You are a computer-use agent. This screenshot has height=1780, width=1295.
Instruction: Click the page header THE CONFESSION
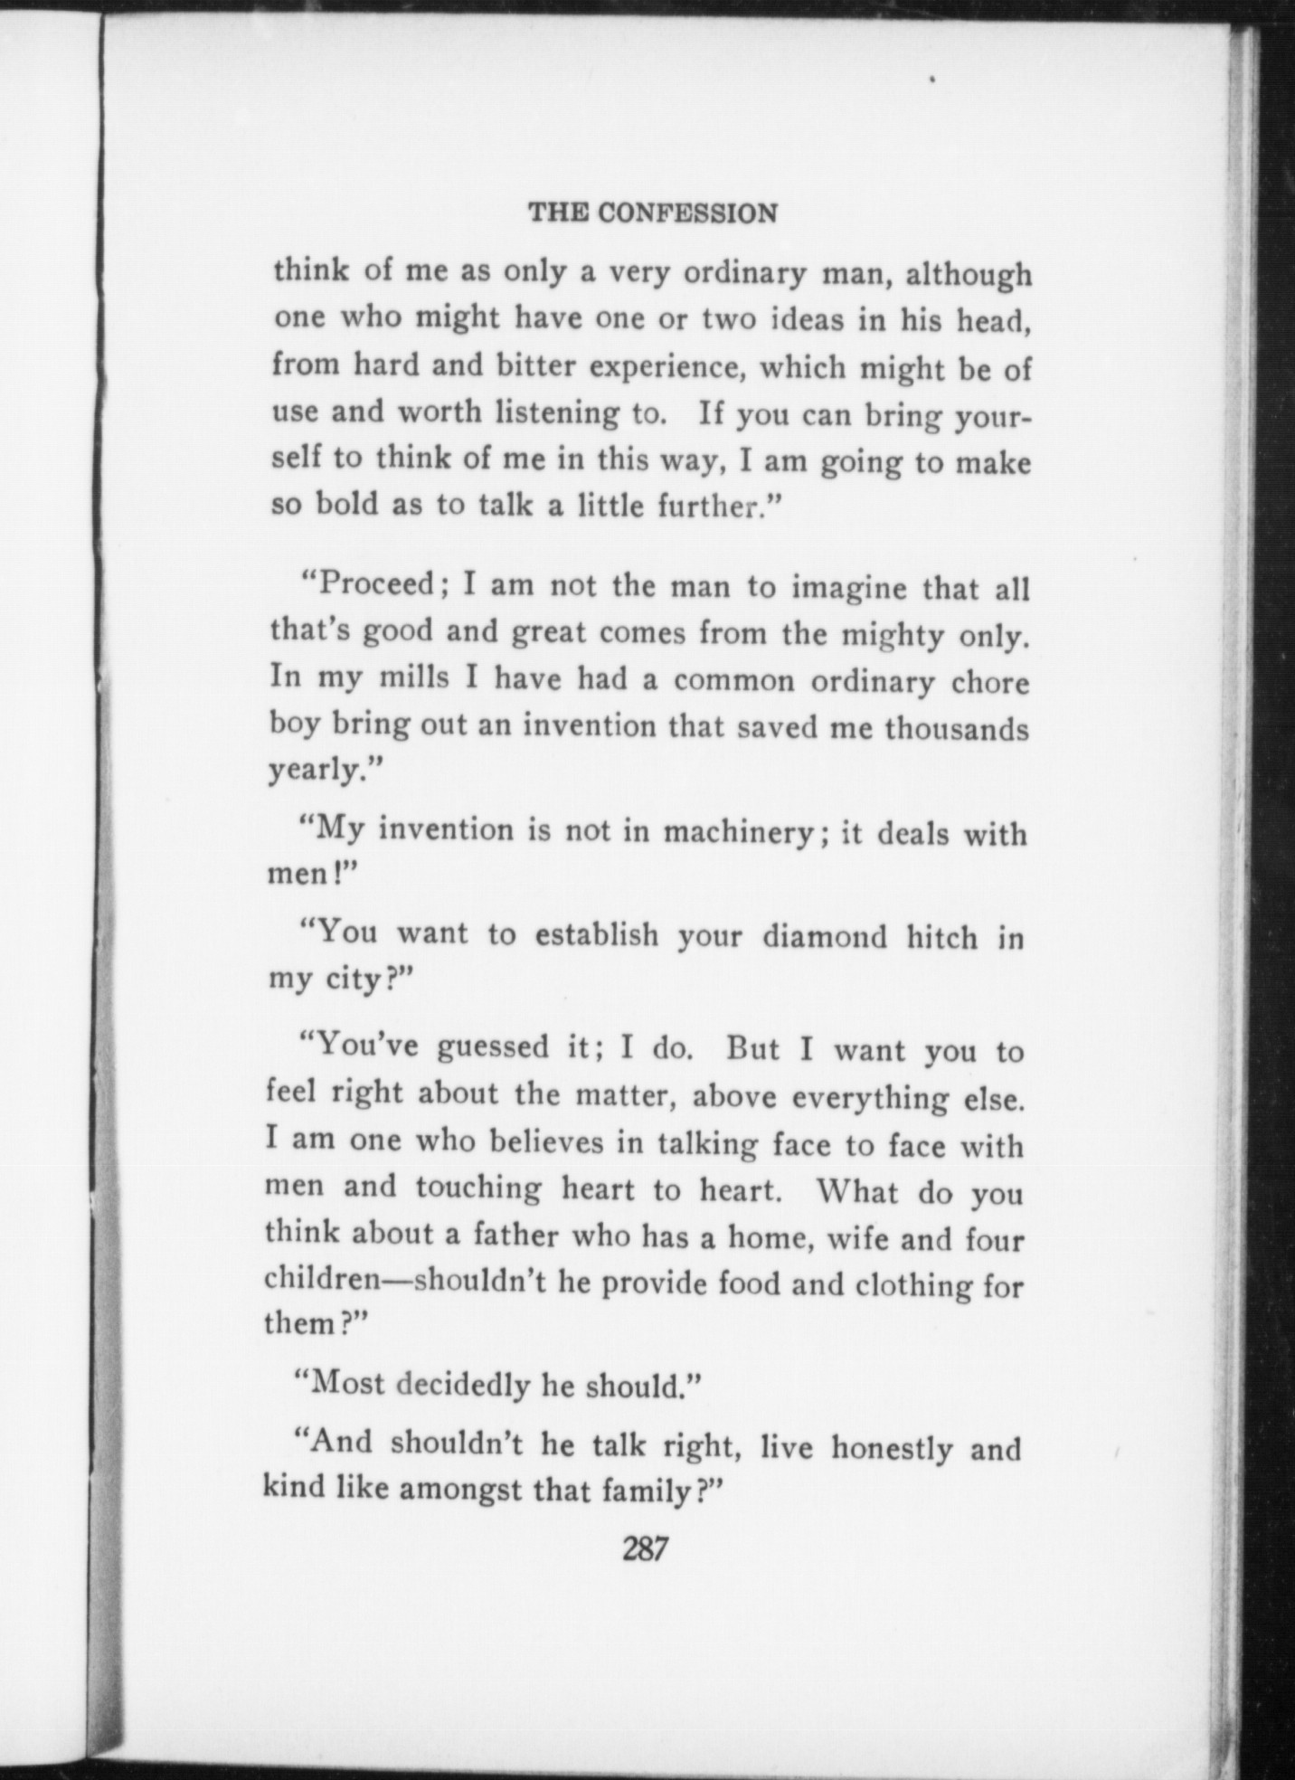(652, 213)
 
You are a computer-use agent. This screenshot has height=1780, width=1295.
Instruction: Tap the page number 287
(645, 1549)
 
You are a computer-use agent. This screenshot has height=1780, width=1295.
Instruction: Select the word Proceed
(375, 584)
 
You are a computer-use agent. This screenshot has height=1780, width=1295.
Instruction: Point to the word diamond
(824, 937)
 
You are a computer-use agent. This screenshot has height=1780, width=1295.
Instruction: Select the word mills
(412, 677)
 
